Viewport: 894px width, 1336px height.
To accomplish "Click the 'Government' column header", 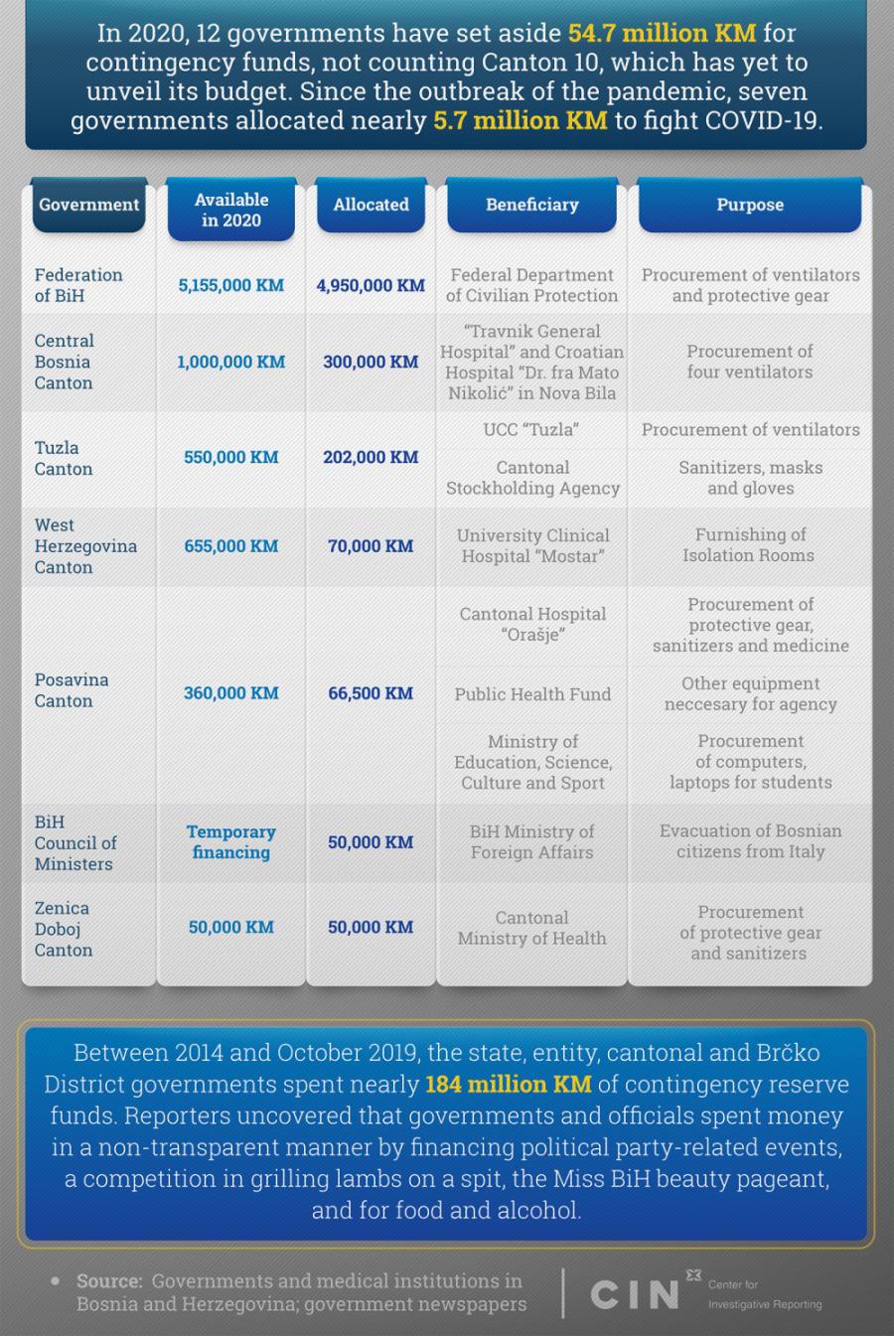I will pyautogui.click(x=88, y=205).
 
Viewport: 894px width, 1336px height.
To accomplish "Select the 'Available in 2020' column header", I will pyautogui.click(x=230, y=210).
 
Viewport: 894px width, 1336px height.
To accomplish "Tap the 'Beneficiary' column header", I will pyautogui.click(x=531, y=205).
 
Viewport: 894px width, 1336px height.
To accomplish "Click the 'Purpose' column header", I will pyautogui.click(x=750, y=205).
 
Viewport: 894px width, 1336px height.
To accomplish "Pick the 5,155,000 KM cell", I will pyautogui.click(x=230, y=285).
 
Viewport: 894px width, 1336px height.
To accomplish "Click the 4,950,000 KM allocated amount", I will pyautogui.click(x=371, y=285).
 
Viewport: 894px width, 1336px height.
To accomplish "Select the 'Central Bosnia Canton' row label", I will pyautogui.click(x=64, y=362).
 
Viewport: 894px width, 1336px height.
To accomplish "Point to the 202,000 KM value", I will pyautogui.click(x=371, y=457).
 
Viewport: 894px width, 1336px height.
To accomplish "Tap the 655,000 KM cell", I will pyautogui.click(x=230, y=545).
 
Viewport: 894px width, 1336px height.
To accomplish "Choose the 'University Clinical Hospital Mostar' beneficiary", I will pyautogui.click(x=532, y=545).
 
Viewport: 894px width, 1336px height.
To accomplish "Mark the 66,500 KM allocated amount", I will pyautogui.click(x=371, y=693).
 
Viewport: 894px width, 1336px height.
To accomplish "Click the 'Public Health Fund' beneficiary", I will pyautogui.click(x=532, y=694).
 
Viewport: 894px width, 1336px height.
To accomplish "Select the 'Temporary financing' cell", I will pyautogui.click(x=230, y=841).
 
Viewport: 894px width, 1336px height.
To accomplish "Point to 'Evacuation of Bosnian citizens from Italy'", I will pyautogui.click(x=750, y=841).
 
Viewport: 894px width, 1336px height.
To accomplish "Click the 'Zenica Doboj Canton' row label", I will pyautogui.click(x=64, y=929).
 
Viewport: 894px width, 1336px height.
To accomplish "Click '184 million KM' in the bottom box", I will pyautogui.click(x=508, y=1084).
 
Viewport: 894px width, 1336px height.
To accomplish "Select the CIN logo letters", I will pyautogui.click(x=634, y=1294).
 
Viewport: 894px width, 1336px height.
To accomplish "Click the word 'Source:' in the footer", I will pyautogui.click(x=109, y=1281).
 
